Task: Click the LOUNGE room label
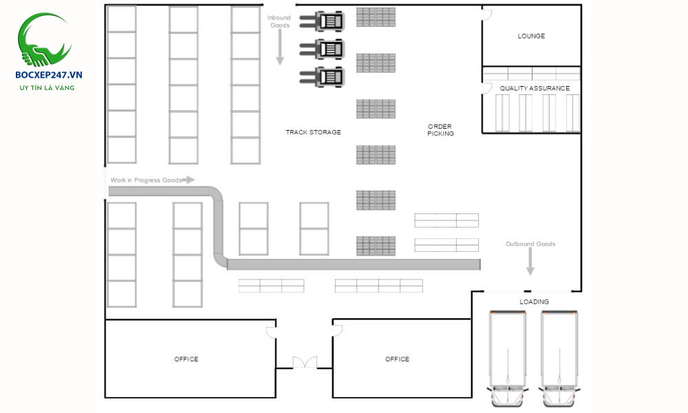[531, 36]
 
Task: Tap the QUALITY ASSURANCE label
[535, 88]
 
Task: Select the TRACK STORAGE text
[313, 132]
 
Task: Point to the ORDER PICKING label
[440, 129]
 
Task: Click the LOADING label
[534, 301]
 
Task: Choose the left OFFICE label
[186, 359]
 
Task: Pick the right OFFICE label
[397, 359]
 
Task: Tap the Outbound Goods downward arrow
[530, 262]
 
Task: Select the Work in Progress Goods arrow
[188, 180]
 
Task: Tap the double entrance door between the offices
[304, 363]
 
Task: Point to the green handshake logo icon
[45, 40]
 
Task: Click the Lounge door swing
[486, 14]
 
